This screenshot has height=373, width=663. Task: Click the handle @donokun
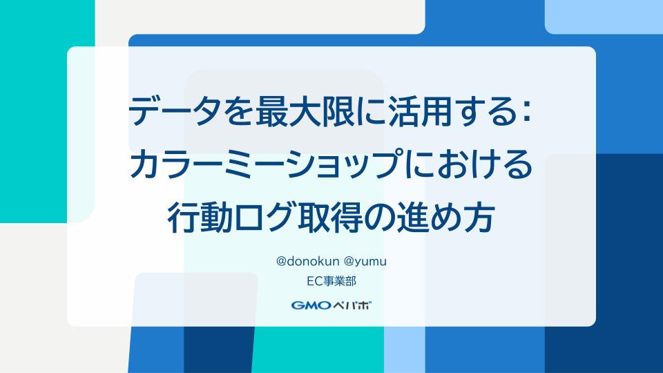pyautogui.click(x=307, y=261)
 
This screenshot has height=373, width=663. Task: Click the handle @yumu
pyautogui.click(x=365, y=262)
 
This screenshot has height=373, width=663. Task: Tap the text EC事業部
pyautogui.click(x=331, y=281)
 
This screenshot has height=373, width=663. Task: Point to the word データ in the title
pyautogui.click(x=175, y=111)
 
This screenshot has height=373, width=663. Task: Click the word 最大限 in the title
pyautogui.click(x=305, y=111)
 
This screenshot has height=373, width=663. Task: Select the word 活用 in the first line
pyautogui.click(x=420, y=111)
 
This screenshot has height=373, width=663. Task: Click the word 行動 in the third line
pyautogui.click(x=200, y=218)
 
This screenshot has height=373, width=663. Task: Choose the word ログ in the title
pyautogui.click(x=265, y=218)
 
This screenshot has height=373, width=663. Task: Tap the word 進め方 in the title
pyautogui.click(x=446, y=218)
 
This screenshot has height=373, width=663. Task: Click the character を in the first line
pyautogui.click(x=238, y=112)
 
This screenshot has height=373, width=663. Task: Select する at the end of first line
pyautogui.click(x=486, y=112)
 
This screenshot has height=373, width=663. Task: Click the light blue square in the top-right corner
pyautogui.click(x=604, y=17)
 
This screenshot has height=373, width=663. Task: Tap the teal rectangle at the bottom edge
pyautogui.click(x=318, y=350)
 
